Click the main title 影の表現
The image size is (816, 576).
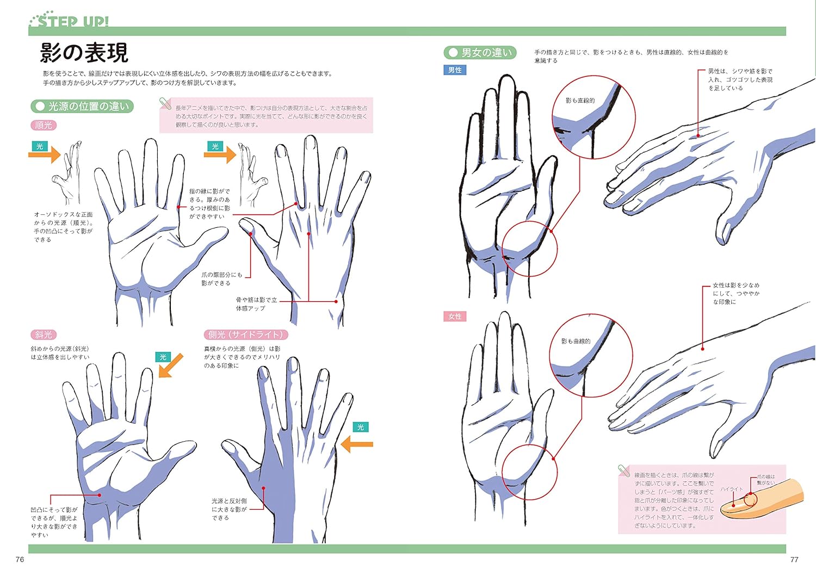pyautogui.click(x=84, y=53)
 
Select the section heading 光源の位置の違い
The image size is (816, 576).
pyautogui.click(x=83, y=107)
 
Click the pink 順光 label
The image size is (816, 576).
pyautogui.click(x=44, y=125)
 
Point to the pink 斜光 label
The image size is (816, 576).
pyautogui.click(x=44, y=335)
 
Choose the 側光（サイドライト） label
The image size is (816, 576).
pyautogui.click(x=246, y=335)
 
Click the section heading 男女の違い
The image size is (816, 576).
pyautogui.click(x=480, y=53)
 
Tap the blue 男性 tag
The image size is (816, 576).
pyautogui.click(x=455, y=70)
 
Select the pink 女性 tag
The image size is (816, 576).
pyautogui.click(x=455, y=317)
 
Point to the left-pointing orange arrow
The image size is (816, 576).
pyautogui.click(x=357, y=444)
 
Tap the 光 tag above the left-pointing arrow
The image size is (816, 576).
pyautogui.click(x=361, y=428)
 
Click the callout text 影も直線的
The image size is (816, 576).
pyautogui.click(x=580, y=101)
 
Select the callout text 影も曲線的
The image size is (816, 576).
pyautogui.click(x=576, y=342)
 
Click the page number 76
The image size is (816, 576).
pyautogui.click(x=20, y=560)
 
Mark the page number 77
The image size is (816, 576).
pyautogui.click(x=794, y=560)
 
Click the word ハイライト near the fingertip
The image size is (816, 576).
pyautogui.click(x=732, y=489)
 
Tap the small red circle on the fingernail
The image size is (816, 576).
pyautogui.click(x=750, y=499)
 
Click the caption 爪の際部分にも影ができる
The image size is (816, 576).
pyautogui.click(x=222, y=279)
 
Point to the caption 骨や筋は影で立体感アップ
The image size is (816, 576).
pyautogui.click(x=256, y=304)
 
